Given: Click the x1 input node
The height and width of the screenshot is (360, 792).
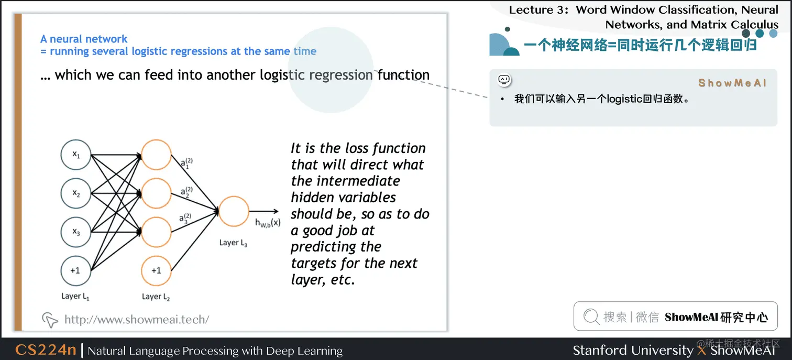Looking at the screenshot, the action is click(x=75, y=155).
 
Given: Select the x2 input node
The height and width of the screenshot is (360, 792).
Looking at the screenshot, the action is click(x=75, y=193).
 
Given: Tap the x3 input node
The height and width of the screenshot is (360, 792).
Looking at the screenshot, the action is click(x=75, y=232).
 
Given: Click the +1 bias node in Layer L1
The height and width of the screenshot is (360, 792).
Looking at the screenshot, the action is click(x=75, y=270).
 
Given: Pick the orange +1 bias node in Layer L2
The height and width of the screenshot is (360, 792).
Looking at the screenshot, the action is click(x=156, y=270).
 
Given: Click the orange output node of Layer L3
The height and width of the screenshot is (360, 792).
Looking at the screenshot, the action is click(x=234, y=211).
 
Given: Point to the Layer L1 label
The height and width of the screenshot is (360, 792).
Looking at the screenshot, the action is click(x=75, y=297).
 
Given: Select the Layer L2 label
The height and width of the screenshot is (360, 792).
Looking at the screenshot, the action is click(x=156, y=297).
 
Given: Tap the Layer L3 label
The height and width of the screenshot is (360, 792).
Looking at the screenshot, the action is click(x=233, y=243).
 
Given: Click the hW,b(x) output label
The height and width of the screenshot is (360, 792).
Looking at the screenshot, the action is click(x=268, y=223).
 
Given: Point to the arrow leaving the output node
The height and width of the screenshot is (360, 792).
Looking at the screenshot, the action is click(x=264, y=211).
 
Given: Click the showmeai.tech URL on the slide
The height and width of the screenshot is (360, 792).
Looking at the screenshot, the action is click(x=137, y=319).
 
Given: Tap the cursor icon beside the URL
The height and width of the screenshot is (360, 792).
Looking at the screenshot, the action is click(x=50, y=320).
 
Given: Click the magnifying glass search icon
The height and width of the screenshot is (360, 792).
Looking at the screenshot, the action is click(x=591, y=316).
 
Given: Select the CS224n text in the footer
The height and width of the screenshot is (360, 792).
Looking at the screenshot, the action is click(x=46, y=350).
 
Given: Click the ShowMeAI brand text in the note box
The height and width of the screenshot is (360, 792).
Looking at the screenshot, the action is click(x=732, y=83).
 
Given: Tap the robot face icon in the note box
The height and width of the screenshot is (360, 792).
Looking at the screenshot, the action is click(x=504, y=80).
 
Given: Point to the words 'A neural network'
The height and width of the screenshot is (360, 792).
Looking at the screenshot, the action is click(x=84, y=39).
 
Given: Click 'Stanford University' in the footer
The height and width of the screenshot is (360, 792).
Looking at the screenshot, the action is click(x=633, y=350).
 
